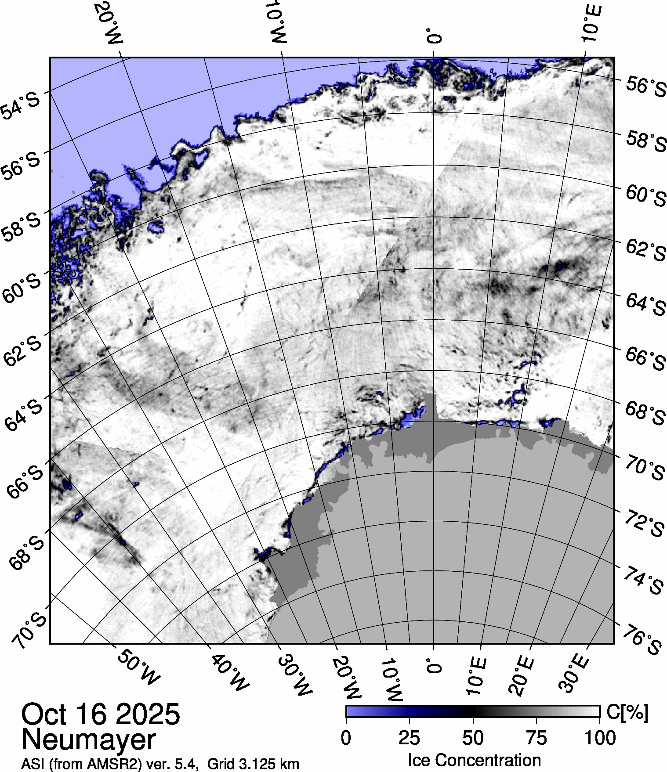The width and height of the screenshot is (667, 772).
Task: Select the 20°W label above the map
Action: [x=109, y=23]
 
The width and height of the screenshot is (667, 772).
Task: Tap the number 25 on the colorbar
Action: [x=410, y=738]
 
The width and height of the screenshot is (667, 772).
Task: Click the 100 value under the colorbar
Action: [x=600, y=738]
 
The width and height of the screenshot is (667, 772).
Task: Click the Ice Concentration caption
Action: [x=474, y=760]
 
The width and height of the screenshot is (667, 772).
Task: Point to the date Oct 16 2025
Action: [x=101, y=714]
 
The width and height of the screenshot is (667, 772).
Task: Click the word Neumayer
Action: [x=88, y=740]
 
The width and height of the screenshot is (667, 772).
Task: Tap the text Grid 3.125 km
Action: [x=253, y=764]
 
